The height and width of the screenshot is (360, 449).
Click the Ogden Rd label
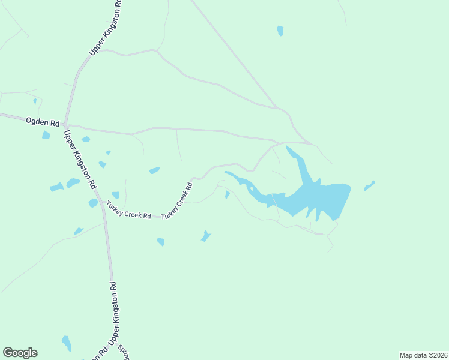coord(42,122)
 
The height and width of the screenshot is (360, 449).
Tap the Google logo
coord(20,353)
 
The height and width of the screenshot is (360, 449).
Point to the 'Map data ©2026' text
coord(423,355)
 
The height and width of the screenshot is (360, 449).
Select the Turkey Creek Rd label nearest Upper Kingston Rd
coord(128,211)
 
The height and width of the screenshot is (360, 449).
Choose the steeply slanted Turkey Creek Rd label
coord(176,200)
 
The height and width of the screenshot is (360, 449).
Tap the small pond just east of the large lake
coord(369,186)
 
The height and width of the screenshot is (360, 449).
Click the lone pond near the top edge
coord(280,31)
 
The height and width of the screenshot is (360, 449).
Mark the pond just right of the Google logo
coord(66,343)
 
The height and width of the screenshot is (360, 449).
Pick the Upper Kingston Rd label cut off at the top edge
coord(106,28)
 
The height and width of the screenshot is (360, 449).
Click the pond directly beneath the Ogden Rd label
coord(46,135)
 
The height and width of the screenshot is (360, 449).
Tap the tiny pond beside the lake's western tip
coord(227,195)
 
